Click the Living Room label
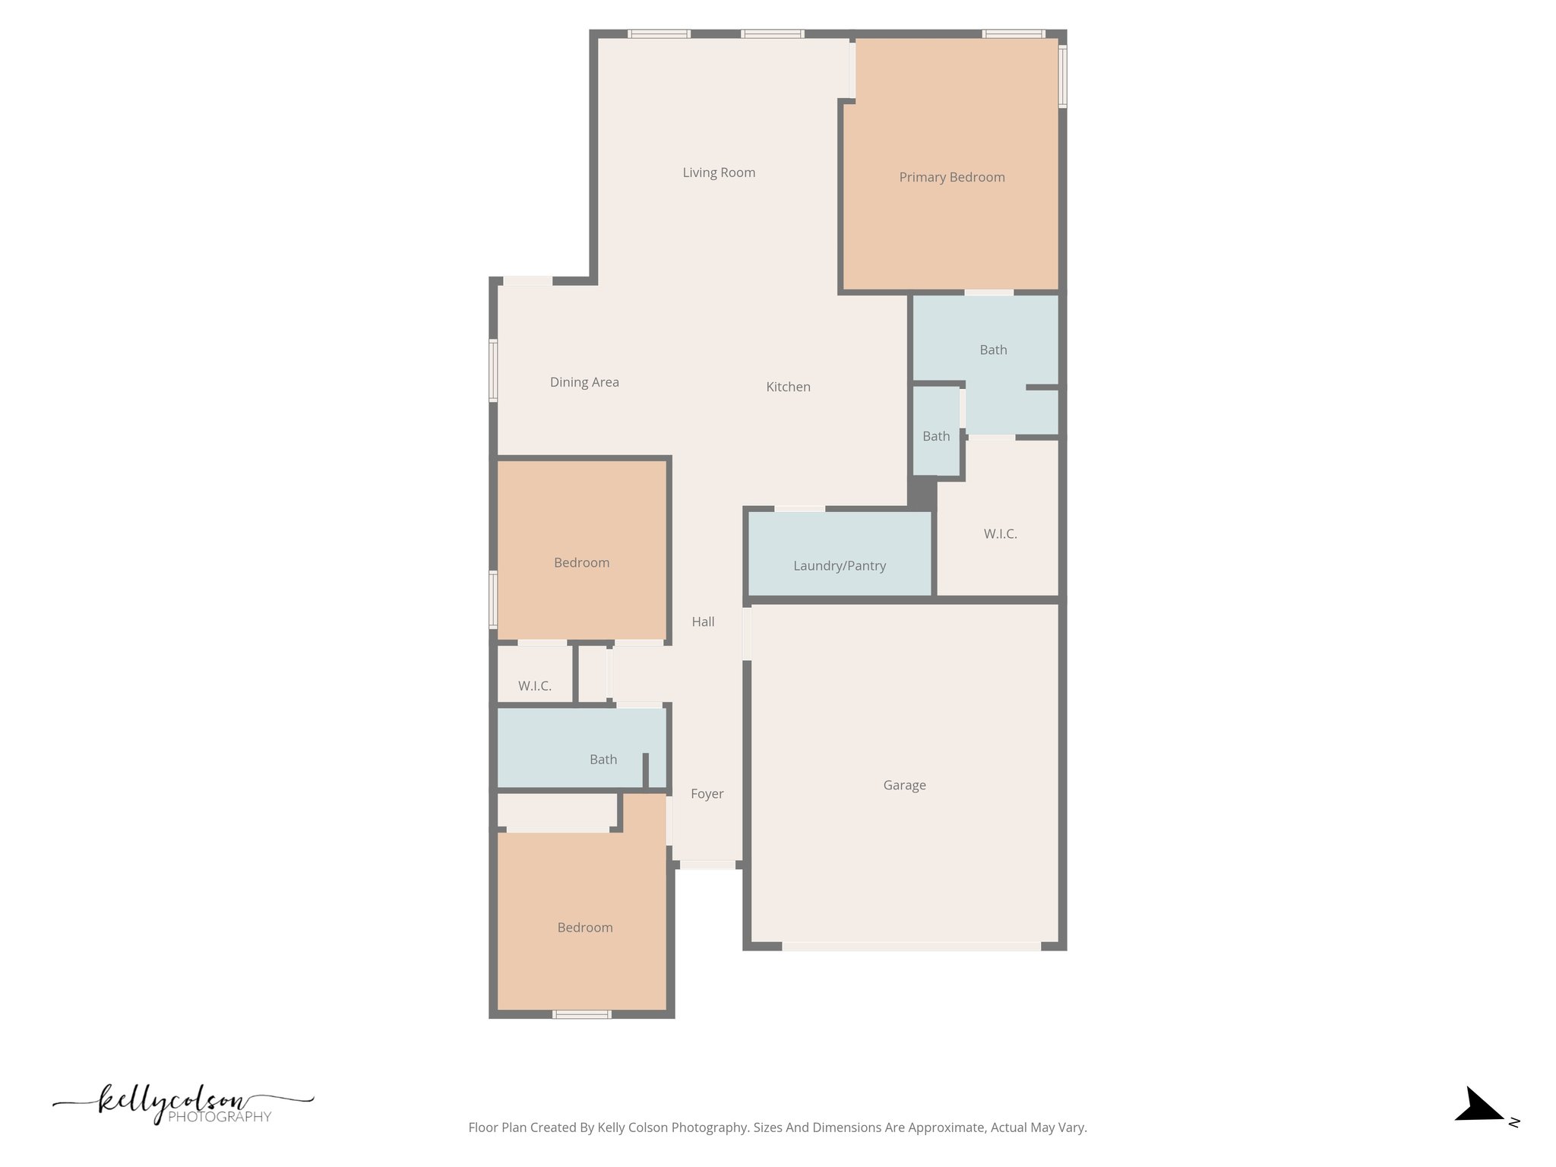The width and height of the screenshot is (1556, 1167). [x=719, y=172]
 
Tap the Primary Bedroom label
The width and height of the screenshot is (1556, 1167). [x=951, y=177]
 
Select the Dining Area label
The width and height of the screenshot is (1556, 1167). [x=584, y=382]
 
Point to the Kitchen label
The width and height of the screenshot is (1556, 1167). [x=788, y=387]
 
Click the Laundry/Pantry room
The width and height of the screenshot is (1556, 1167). [x=840, y=565]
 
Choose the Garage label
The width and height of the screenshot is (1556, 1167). [x=904, y=785]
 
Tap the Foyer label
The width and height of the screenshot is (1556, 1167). [x=707, y=793]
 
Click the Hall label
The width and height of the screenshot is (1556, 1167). [x=703, y=621]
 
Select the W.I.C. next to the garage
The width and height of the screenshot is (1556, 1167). [x=1000, y=533]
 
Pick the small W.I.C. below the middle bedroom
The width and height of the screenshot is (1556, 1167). [x=535, y=685]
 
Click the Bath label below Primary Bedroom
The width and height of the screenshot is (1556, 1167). [x=993, y=349]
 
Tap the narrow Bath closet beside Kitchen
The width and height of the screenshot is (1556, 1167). [x=936, y=435]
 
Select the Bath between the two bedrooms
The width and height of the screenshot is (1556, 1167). [x=603, y=759]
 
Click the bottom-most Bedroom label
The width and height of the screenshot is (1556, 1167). [x=584, y=927]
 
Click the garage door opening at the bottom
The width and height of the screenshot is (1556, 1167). [x=911, y=946]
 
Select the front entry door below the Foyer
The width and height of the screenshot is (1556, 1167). [x=707, y=865]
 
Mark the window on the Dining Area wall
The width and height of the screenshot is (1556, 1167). [x=493, y=370]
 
